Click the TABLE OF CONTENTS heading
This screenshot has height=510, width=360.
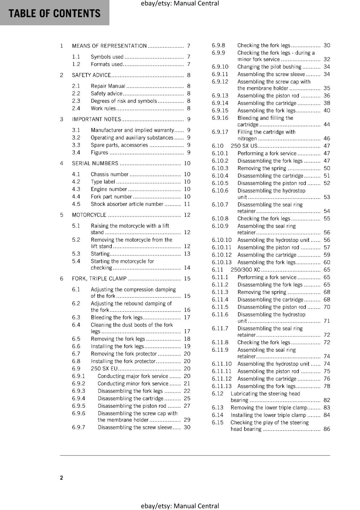click(x=54, y=13)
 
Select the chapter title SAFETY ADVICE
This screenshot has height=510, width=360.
click(x=91, y=75)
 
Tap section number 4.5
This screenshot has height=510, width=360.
click(x=76, y=204)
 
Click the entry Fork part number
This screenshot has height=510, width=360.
click(x=111, y=197)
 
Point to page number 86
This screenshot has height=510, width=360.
click(x=327, y=429)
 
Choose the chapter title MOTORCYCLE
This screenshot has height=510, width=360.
click(x=89, y=215)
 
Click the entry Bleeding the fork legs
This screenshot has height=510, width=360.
click(x=117, y=317)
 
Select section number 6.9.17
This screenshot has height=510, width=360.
click(x=220, y=132)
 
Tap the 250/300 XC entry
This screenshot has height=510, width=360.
click(x=245, y=270)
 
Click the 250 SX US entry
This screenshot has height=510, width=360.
click(x=244, y=146)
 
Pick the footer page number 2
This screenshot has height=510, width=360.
click(x=61, y=477)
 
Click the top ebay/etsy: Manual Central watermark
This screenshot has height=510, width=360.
click(x=180, y=4)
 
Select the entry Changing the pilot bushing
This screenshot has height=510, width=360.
click(x=269, y=67)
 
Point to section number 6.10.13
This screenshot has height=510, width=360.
click(x=222, y=262)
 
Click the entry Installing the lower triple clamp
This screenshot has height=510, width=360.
click(x=268, y=415)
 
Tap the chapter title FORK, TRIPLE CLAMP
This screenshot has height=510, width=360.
click(x=99, y=279)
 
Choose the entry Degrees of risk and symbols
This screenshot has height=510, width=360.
click(x=124, y=101)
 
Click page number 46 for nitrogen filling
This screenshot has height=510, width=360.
click(x=327, y=139)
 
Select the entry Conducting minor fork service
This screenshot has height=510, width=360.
click(x=133, y=383)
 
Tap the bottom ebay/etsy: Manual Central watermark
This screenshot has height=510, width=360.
click(x=180, y=506)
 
